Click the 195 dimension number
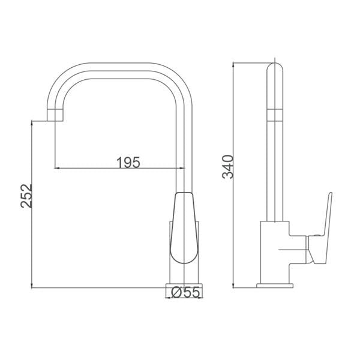tap(128, 163)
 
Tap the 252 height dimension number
tap(26, 196)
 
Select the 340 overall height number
tap(228, 167)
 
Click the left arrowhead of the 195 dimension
tap(57, 168)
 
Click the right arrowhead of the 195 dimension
tap(182, 168)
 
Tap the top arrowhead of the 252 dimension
tap(31, 124)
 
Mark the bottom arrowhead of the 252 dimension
tap(31, 285)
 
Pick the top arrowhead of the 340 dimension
tap(233, 65)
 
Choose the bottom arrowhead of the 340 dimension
tap(233, 285)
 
